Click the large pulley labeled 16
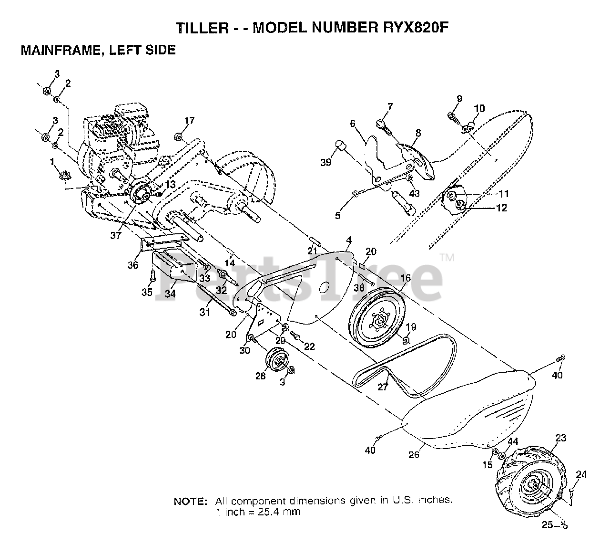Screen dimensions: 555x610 click(376, 318)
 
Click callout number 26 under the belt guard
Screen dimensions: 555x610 click(414, 454)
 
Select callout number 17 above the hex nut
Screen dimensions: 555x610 click(189, 121)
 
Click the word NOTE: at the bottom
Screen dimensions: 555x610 click(190, 502)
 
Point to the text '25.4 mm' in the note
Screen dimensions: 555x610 click(284, 513)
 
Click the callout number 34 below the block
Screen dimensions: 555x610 click(170, 294)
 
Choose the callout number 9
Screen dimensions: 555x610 click(459, 99)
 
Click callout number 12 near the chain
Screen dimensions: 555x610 click(501, 208)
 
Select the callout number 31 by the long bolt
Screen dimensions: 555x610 click(205, 313)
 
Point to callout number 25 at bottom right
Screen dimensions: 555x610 click(547, 525)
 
